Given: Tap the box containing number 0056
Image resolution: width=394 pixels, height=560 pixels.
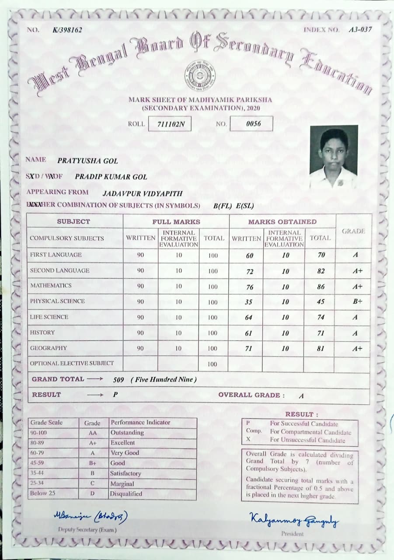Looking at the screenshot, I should (x=251, y=124).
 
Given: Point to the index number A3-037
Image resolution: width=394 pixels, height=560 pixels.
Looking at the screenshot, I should (x=360, y=30).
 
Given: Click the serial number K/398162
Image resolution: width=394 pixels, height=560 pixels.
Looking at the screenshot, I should (x=67, y=30).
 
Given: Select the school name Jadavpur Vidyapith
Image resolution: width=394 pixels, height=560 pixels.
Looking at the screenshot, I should (x=142, y=193).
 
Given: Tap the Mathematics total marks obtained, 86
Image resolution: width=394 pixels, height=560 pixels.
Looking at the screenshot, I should (x=321, y=287).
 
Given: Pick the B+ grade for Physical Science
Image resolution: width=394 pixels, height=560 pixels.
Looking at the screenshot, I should (x=357, y=302).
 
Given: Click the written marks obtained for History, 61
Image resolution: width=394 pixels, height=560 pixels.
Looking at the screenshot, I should (x=248, y=333).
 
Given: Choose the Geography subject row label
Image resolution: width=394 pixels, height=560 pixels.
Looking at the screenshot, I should (x=49, y=348).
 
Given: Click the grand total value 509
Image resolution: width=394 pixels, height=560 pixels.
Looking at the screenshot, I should (x=119, y=380).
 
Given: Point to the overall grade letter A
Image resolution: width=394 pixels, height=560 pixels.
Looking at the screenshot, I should (x=301, y=396).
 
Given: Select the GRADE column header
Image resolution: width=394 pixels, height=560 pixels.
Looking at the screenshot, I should (x=353, y=231).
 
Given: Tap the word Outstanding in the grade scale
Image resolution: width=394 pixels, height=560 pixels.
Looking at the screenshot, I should (x=127, y=433).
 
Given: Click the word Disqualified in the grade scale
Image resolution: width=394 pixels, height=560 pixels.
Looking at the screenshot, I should (x=126, y=494).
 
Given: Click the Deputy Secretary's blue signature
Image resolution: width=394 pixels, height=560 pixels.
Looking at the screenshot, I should (x=91, y=517).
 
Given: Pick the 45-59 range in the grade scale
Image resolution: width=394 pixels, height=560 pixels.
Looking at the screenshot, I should (x=37, y=463).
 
